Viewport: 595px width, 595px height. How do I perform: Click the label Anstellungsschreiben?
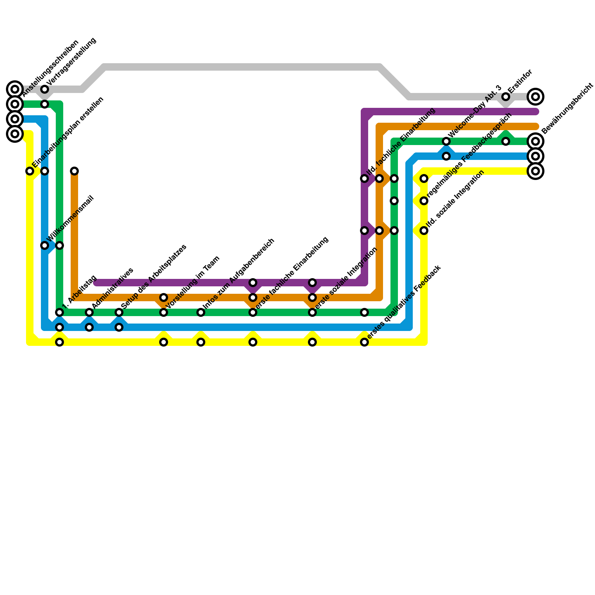click(51, 68)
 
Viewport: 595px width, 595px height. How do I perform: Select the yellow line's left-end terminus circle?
click(15, 134)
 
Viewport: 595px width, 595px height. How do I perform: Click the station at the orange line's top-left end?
click(74, 171)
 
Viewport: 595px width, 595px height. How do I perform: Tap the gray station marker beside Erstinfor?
click(506, 97)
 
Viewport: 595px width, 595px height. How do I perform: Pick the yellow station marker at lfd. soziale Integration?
click(424, 231)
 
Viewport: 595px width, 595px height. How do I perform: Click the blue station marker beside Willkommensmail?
click(45, 245)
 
